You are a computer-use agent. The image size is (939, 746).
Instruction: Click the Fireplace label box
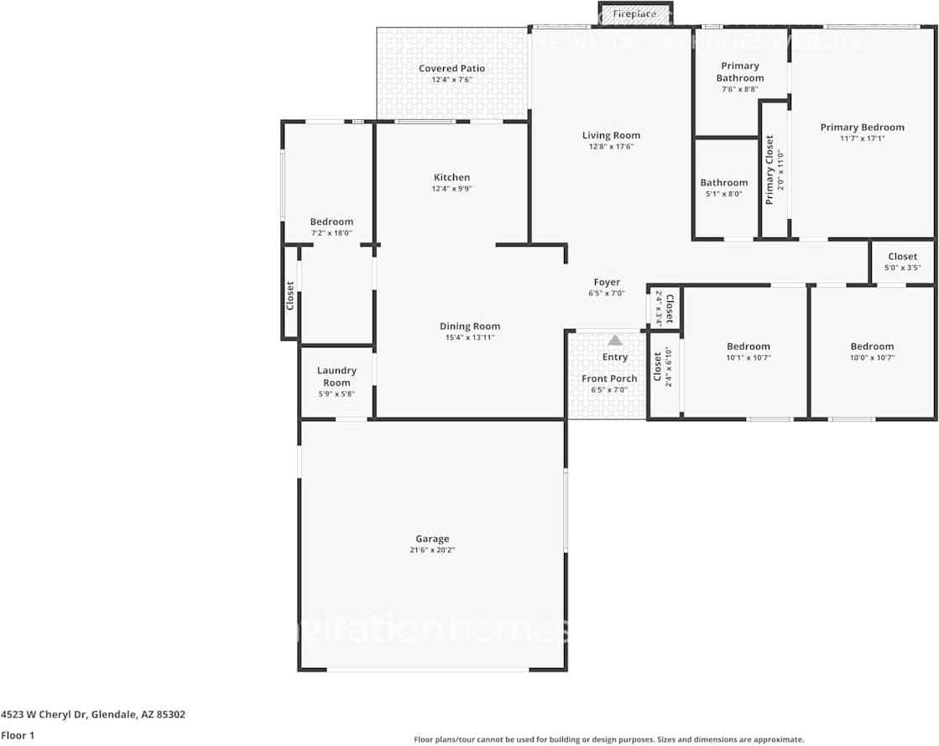(x=634, y=14)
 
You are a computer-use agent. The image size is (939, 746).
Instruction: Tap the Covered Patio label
(x=452, y=69)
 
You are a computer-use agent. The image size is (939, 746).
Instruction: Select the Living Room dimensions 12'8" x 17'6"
(x=611, y=147)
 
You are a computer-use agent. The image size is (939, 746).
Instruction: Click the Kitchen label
(x=451, y=177)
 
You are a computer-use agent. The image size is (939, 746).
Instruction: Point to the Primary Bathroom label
(x=740, y=72)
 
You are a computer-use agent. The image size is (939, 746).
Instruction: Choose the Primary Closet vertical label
(x=769, y=170)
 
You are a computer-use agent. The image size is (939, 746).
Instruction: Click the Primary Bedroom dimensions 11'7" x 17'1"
(x=862, y=138)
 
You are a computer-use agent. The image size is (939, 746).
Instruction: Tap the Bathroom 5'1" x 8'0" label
(x=723, y=183)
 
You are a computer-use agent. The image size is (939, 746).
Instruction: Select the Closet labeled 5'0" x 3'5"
(x=902, y=257)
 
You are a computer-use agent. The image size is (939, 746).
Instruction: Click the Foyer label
(x=607, y=283)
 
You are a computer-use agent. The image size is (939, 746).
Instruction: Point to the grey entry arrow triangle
(x=615, y=340)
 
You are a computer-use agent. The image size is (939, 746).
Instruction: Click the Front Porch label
(x=609, y=378)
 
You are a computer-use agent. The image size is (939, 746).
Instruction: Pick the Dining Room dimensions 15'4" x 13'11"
(x=470, y=337)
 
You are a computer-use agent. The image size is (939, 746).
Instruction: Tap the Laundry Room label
(x=336, y=377)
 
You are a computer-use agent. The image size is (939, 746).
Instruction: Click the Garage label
(x=432, y=539)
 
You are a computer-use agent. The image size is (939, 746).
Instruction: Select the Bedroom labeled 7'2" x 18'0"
(x=331, y=222)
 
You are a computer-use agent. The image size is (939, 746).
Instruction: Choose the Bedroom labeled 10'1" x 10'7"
(x=748, y=347)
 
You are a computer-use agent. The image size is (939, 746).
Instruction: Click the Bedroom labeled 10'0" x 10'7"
(x=872, y=347)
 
